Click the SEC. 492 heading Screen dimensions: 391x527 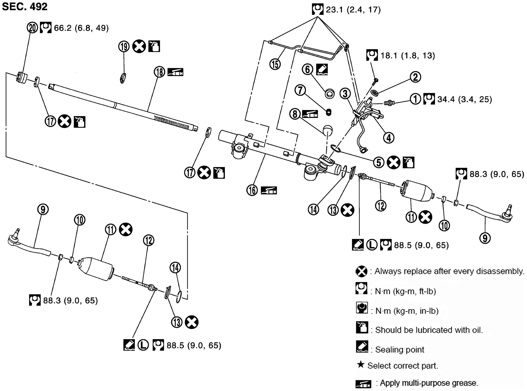click(24, 7)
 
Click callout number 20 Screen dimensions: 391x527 click(32, 27)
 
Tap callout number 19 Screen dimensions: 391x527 click(124, 47)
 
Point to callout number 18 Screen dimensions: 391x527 click(159, 72)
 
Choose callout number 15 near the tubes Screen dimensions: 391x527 click(275, 64)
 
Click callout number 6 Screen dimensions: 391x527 click(307, 69)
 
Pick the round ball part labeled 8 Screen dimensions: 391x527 click(327, 130)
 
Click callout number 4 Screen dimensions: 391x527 click(389, 138)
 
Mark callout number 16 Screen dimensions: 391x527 click(252, 190)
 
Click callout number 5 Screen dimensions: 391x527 click(379, 163)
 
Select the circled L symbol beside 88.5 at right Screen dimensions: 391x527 click(371, 245)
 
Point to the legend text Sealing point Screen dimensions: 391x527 click(399, 349)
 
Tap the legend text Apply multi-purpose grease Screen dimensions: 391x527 click(429, 383)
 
